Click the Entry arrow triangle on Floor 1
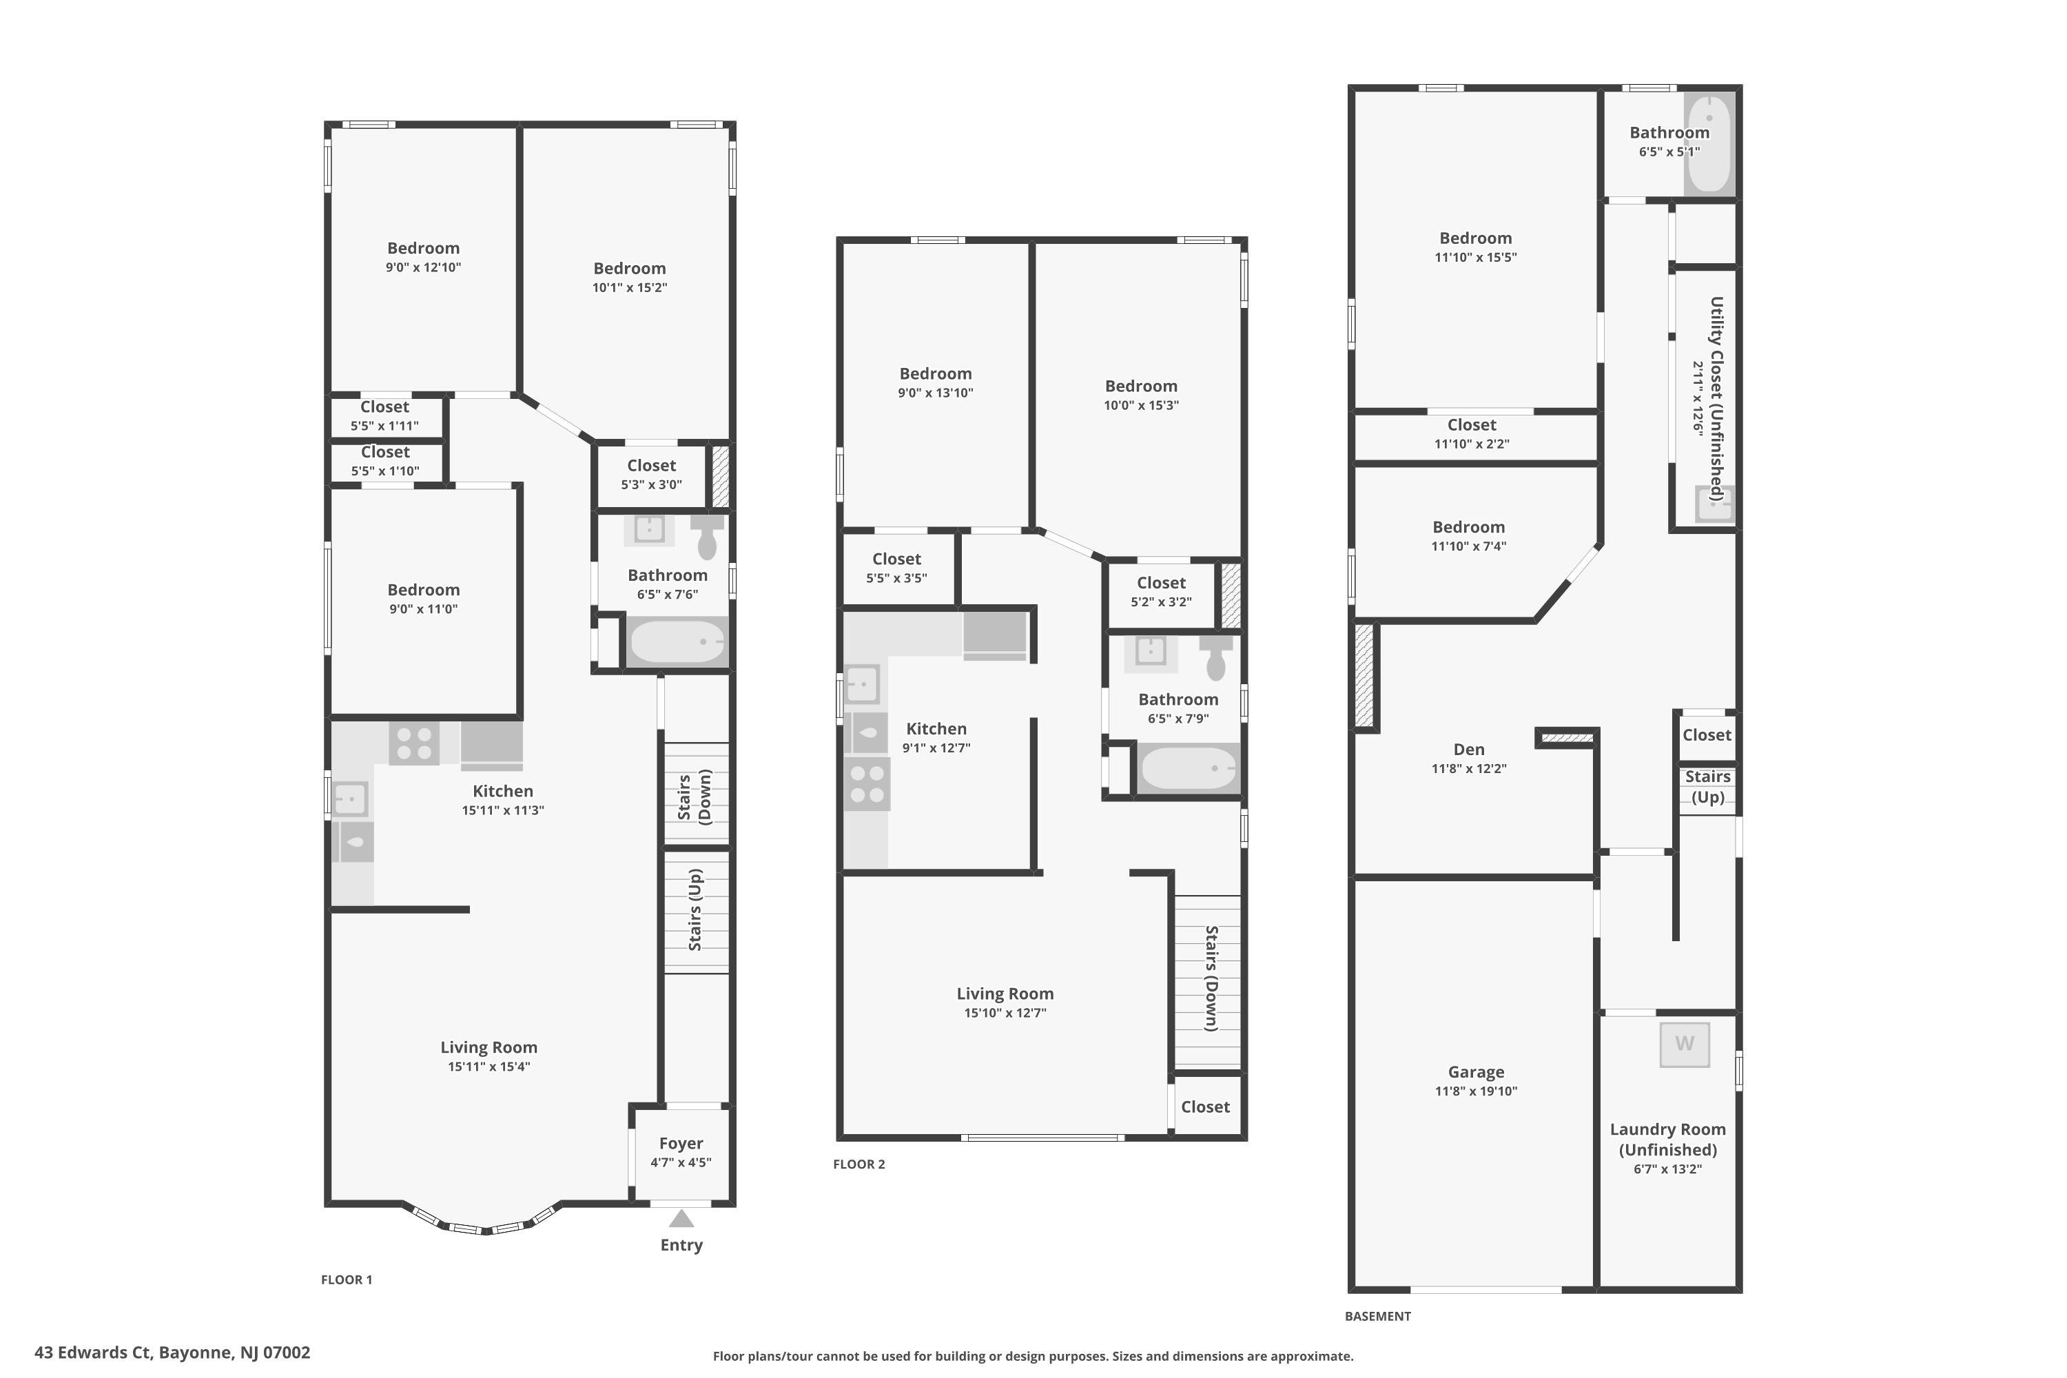(681, 1218)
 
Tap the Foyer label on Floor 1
(681, 1143)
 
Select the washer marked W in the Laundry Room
(1684, 1044)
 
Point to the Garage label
(1476, 1072)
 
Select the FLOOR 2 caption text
(858, 1164)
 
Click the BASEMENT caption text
(1377, 1317)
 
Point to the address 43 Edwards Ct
(92, 1353)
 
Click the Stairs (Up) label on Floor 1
(695, 909)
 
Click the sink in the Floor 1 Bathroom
(650, 530)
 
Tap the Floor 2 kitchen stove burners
(867, 784)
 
